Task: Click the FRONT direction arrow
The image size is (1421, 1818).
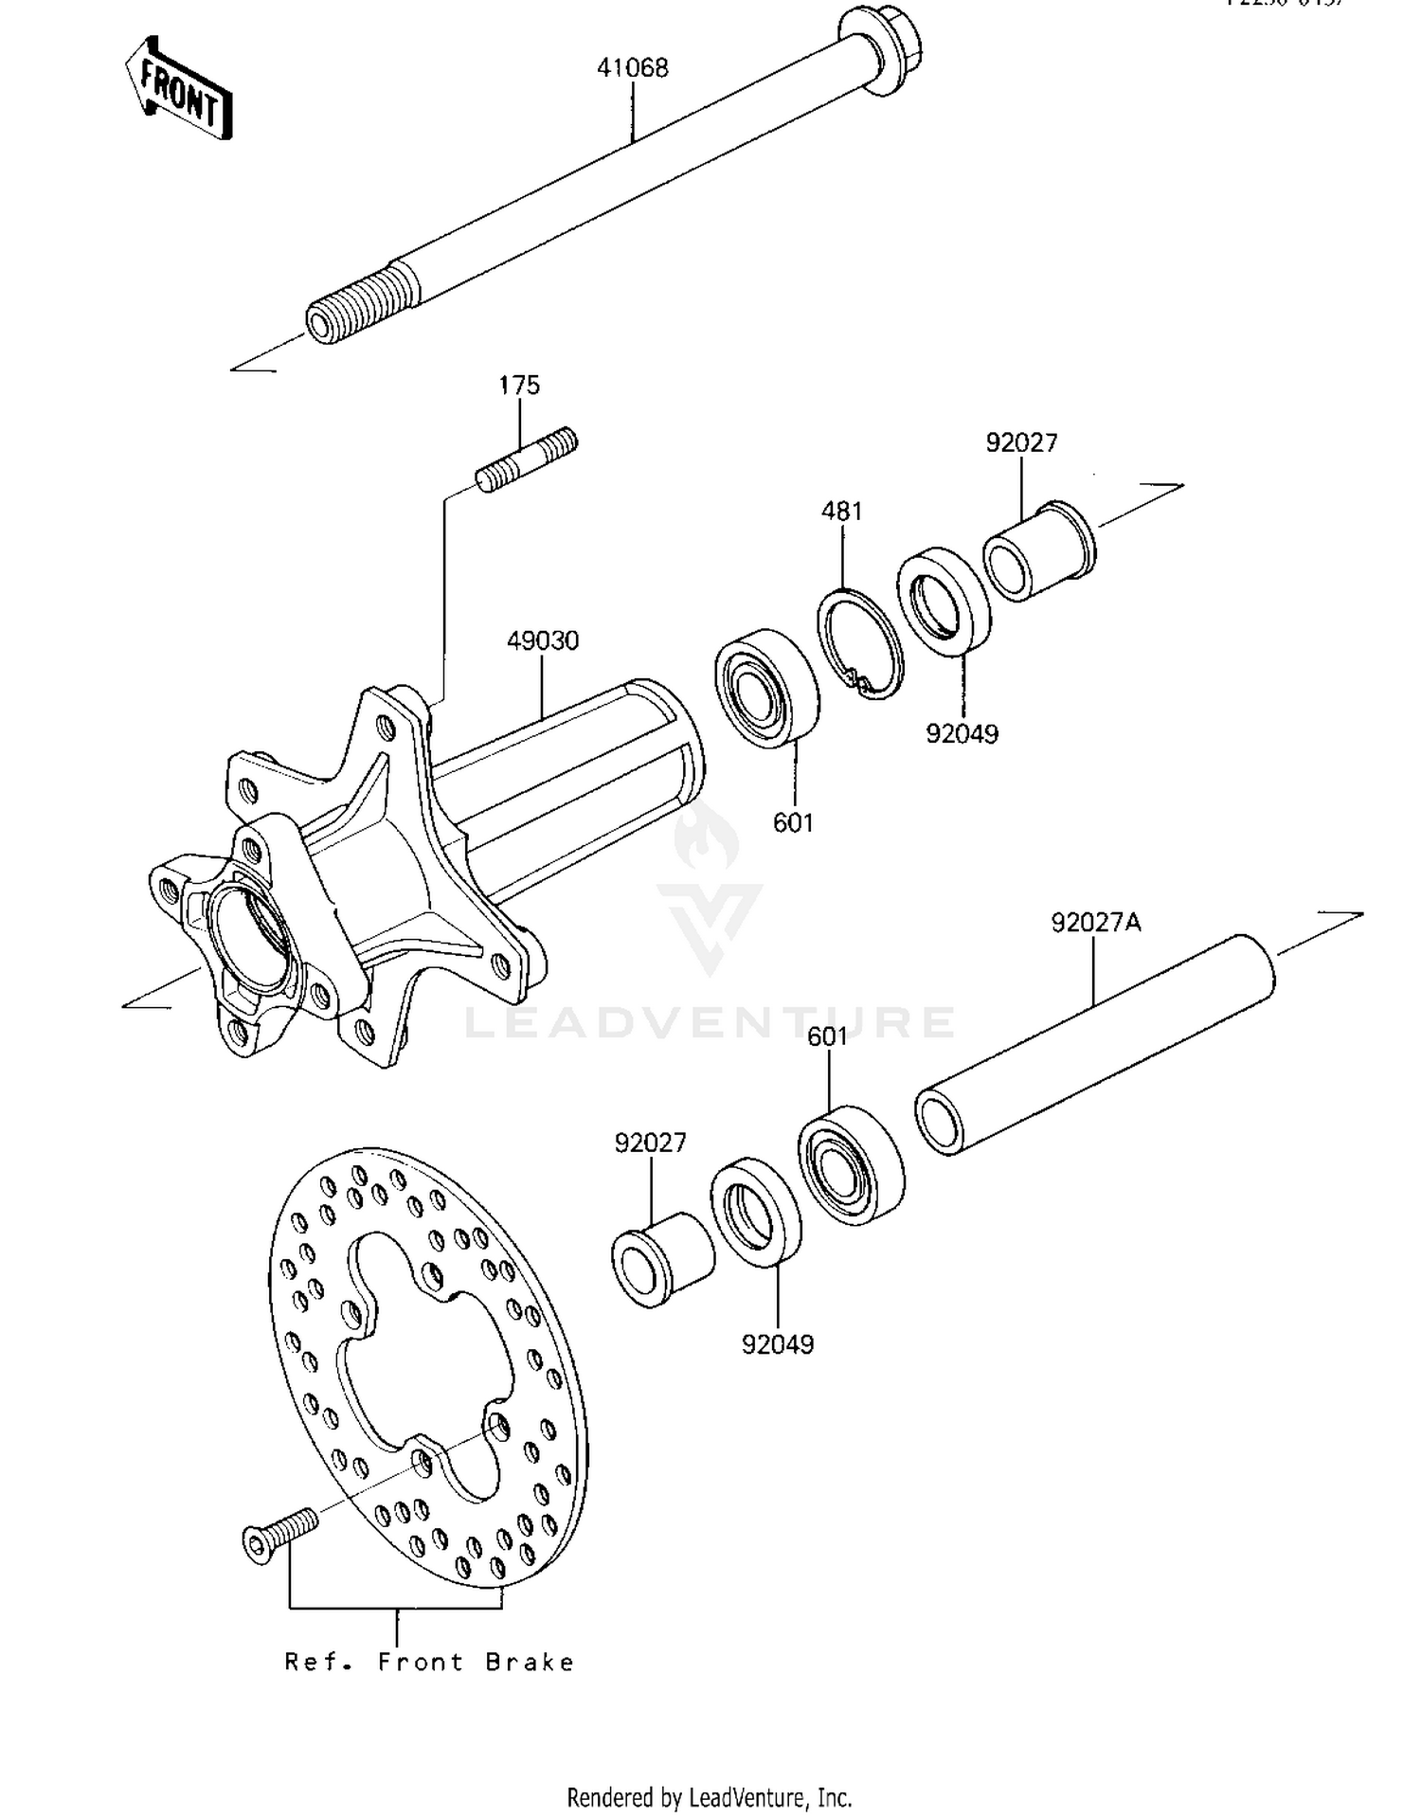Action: tap(179, 91)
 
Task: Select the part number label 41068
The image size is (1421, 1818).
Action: tap(632, 68)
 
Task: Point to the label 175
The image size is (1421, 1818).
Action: tap(519, 386)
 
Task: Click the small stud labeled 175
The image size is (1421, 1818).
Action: tap(528, 459)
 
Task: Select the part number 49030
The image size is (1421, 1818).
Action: tap(543, 641)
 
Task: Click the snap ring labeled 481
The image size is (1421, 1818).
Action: tap(859, 644)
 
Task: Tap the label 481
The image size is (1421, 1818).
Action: tap(841, 512)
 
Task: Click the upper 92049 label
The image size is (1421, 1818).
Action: tap(962, 734)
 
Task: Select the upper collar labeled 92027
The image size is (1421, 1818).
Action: tap(1038, 552)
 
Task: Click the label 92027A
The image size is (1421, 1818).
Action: tap(1095, 922)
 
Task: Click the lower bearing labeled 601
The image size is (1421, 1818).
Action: tap(850, 1164)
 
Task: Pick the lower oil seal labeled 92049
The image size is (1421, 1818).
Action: tap(755, 1212)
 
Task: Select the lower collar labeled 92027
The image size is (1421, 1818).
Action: tap(661, 1260)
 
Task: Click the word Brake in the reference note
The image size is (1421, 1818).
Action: tap(529, 1663)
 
